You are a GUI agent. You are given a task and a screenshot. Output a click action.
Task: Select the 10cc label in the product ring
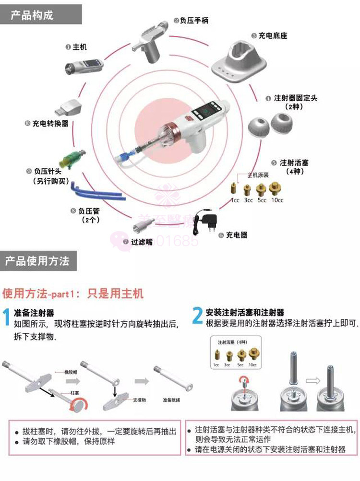pos(276,200)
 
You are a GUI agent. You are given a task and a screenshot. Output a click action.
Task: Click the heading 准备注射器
pos(34,313)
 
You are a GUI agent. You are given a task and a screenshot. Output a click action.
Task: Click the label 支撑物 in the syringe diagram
pos(139,399)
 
